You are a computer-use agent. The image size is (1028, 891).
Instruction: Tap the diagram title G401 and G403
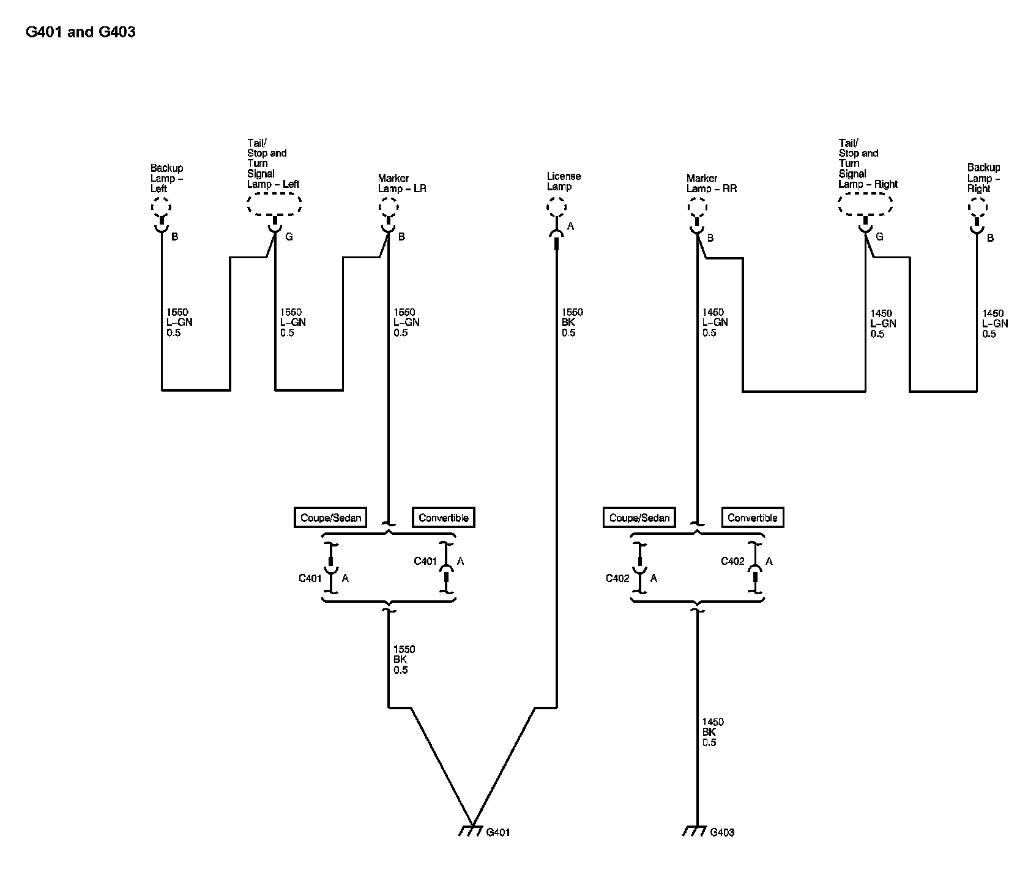80,32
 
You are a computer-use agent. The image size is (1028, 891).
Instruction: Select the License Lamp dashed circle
556,208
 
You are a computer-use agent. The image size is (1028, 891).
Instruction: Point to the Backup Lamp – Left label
166,178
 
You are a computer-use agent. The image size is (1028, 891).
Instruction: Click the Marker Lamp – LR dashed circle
388,208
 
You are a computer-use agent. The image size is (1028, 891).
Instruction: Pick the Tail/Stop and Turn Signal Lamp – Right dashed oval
864,205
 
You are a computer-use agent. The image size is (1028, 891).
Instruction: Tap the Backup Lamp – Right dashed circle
977,208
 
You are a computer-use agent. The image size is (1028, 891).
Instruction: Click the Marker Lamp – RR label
711,183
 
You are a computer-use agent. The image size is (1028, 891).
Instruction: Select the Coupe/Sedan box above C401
330,518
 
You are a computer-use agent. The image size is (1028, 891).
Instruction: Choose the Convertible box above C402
752,518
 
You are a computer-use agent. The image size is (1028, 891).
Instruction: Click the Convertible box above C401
444,518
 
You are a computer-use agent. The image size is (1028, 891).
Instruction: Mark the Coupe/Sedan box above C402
639,518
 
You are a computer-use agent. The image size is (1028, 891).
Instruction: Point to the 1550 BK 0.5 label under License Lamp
572,322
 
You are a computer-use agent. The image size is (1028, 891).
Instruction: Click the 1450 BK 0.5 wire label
712,733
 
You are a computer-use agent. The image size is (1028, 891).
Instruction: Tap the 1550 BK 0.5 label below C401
404,660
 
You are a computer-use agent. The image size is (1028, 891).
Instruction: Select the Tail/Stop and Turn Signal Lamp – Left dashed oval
274,205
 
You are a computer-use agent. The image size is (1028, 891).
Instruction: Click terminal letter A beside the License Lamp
570,226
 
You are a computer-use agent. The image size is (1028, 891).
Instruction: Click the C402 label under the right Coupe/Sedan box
617,578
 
